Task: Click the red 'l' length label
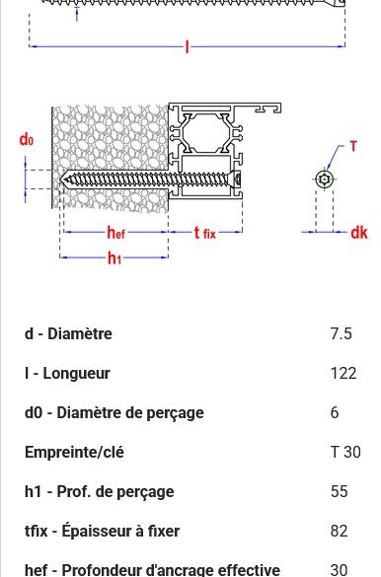pyautogui.click(x=187, y=46)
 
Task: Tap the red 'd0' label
pyautogui.click(x=27, y=140)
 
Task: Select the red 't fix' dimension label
pyautogui.click(x=204, y=233)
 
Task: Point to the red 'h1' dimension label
pyautogui.click(x=114, y=258)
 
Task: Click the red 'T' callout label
pyautogui.click(x=353, y=147)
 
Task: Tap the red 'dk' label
pyautogui.click(x=359, y=233)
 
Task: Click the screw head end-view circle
pyautogui.click(x=325, y=179)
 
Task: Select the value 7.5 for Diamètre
pyautogui.click(x=341, y=333)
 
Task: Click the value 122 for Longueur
pyautogui.click(x=343, y=373)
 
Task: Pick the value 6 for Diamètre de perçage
pyautogui.click(x=335, y=412)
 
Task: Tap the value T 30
pyautogui.click(x=345, y=452)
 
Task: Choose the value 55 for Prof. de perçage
pyautogui.click(x=339, y=491)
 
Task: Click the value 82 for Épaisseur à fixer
pyautogui.click(x=339, y=531)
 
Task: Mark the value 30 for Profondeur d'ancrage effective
pyautogui.click(x=339, y=569)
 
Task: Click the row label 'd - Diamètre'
pyautogui.click(x=68, y=333)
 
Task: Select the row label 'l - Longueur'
pyautogui.click(x=67, y=373)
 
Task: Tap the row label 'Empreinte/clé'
pyautogui.click(x=73, y=452)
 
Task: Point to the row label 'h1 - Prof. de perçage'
pyautogui.click(x=99, y=491)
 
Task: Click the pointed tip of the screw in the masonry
pyautogui.click(x=62, y=180)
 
